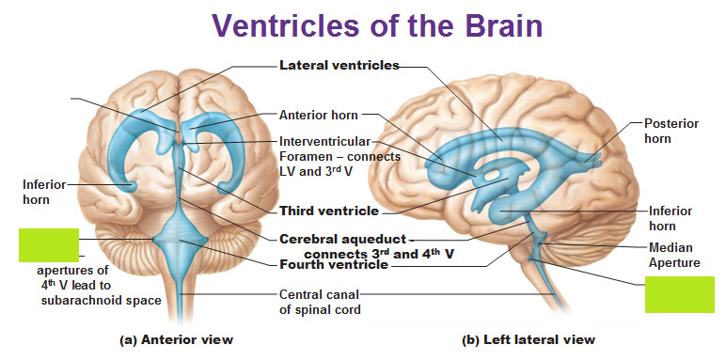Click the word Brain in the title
pos(497,25)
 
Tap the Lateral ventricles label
pos(339,66)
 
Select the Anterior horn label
pos(318,116)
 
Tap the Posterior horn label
pos(666,131)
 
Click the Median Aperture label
pos(674,255)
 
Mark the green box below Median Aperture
pos(672,295)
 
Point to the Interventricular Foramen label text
pos(339,155)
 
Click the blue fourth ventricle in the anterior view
pos(174,237)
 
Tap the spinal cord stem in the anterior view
pos(175,291)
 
